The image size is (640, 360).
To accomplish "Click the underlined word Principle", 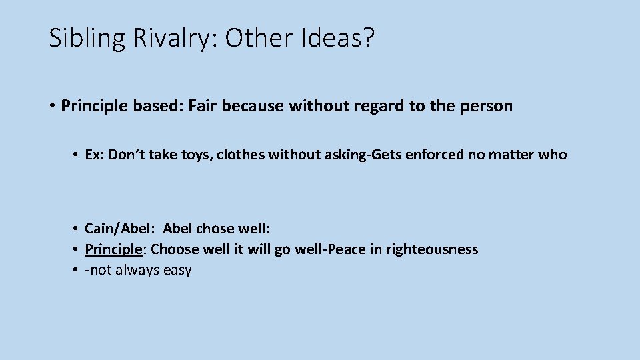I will point(113,249).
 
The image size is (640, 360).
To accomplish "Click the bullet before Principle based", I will point(51,107).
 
